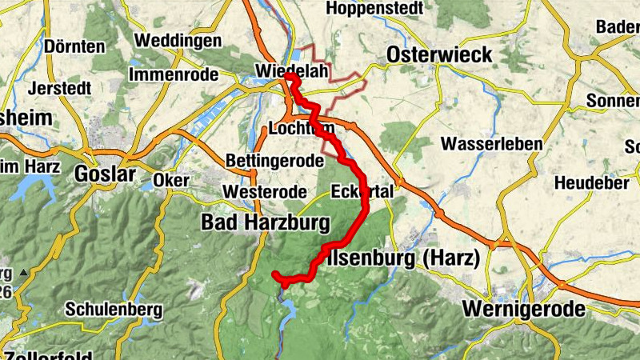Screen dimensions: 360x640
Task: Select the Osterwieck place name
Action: tap(439, 54)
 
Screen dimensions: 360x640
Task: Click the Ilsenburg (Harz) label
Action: tap(404, 258)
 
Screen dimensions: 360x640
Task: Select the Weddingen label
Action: tap(178, 40)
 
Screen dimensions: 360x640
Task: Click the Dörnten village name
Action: tap(75, 47)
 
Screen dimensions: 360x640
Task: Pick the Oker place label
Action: tap(170, 180)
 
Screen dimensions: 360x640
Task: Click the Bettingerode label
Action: tap(274, 161)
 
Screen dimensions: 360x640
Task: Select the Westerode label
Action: tap(265, 192)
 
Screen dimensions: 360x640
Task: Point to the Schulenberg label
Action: tap(114, 309)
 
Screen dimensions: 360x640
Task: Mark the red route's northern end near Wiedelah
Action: tap(289, 78)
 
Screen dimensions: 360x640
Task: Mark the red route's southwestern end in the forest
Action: tap(275, 274)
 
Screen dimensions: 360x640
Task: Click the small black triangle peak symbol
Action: tap(23, 273)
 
